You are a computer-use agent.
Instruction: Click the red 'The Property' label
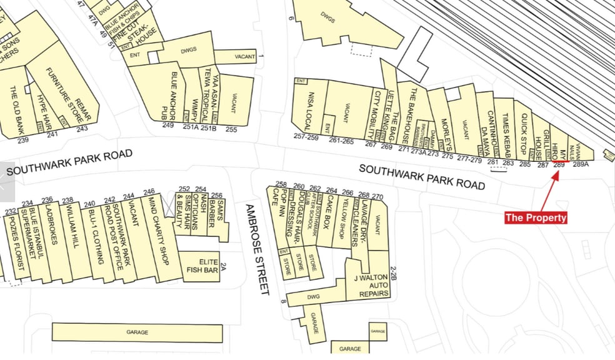(x=536, y=217)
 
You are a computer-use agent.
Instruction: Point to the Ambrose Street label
(x=257, y=249)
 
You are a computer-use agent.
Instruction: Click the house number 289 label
(x=559, y=165)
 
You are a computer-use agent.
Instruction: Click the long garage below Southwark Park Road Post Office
(x=137, y=332)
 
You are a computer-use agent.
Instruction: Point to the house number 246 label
(x=149, y=192)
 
